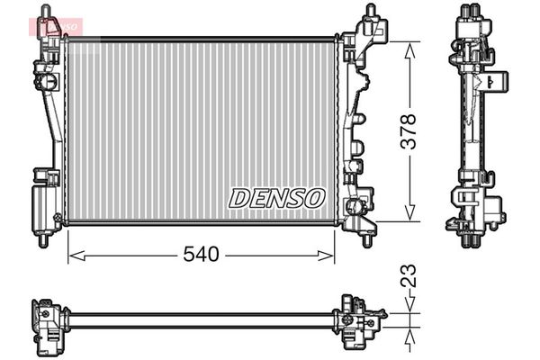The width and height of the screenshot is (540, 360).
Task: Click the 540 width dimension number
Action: [201, 254]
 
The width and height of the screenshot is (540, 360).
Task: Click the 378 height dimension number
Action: [409, 131]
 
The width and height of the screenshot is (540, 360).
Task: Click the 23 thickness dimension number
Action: [409, 275]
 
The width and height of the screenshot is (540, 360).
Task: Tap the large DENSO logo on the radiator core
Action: [277, 198]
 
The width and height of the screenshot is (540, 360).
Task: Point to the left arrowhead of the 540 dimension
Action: [76, 256]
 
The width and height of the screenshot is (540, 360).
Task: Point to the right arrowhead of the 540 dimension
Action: [326, 256]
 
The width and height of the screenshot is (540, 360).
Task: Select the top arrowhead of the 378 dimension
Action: [409, 50]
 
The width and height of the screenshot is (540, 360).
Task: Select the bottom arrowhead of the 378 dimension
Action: [409, 213]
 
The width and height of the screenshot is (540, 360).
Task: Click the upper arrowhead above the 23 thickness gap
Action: [409, 305]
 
